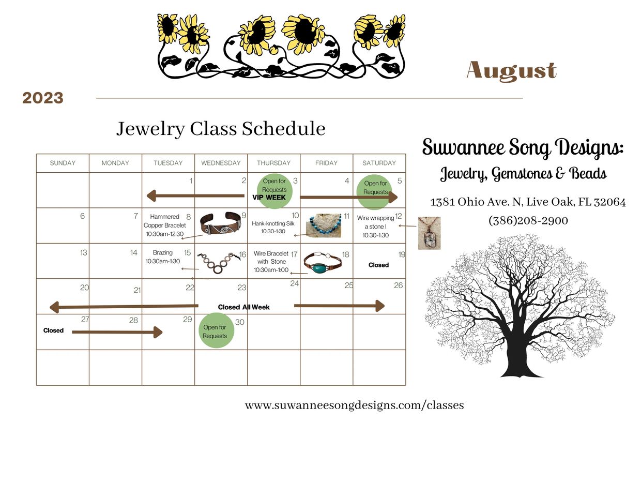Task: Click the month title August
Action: pos(511,70)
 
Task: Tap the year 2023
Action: pos(42,98)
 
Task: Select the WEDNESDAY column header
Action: pos(221,163)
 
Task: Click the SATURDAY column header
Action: pos(379,163)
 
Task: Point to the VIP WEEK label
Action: pos(269,198)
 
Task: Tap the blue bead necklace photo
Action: pos(324,225)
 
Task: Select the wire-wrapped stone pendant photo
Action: pos(429,233)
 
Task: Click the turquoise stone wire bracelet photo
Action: pos(323,263)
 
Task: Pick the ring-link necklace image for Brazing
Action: pos(219,263)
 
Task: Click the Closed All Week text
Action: pos(244,307)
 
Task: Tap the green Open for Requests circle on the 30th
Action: pos(216,330)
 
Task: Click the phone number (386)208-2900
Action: pos(528,220)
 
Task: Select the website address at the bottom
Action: pos(354,405)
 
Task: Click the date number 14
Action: pos(134,253)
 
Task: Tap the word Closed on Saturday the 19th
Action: pos(378,265)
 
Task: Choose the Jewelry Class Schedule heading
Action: pos(221,129)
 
